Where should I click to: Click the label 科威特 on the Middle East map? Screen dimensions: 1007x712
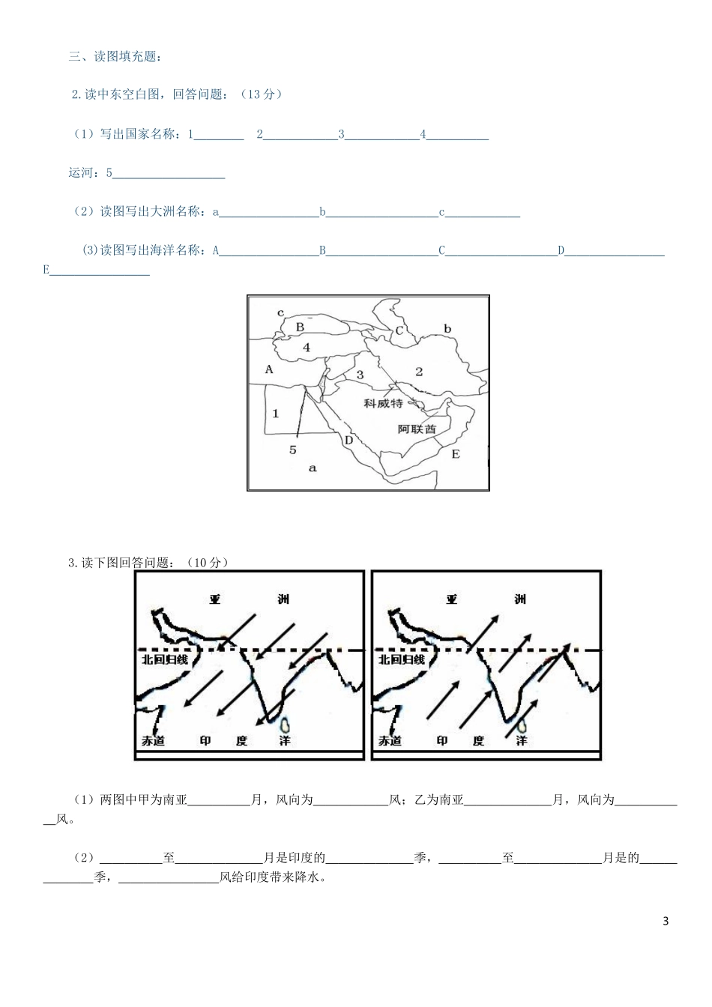pos(383,403)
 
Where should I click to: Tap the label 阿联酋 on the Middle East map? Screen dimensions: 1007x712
pos(417,429)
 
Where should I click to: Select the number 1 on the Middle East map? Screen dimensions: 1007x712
pos(275,413)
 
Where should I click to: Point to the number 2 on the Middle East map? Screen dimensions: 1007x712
pos(419,371)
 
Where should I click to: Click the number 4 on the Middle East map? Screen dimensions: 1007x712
pos(307,348)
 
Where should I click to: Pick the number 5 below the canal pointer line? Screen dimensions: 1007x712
pos(293,450)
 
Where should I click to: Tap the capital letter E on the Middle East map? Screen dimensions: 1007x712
pos(456,454)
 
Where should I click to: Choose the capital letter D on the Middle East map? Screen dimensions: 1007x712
pos(349,440)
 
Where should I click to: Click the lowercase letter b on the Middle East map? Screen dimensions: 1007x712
pos(447,328)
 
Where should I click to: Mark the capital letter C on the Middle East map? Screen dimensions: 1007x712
pos(399,330)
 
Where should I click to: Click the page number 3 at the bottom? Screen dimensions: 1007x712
pos(666,921)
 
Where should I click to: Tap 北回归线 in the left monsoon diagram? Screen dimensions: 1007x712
pos(166,659)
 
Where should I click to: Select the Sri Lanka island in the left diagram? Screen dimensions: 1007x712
pos(285,725)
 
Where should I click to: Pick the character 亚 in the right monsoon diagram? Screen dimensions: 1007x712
pos(451,599)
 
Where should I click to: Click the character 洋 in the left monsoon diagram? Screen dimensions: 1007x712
pos(284,740)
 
